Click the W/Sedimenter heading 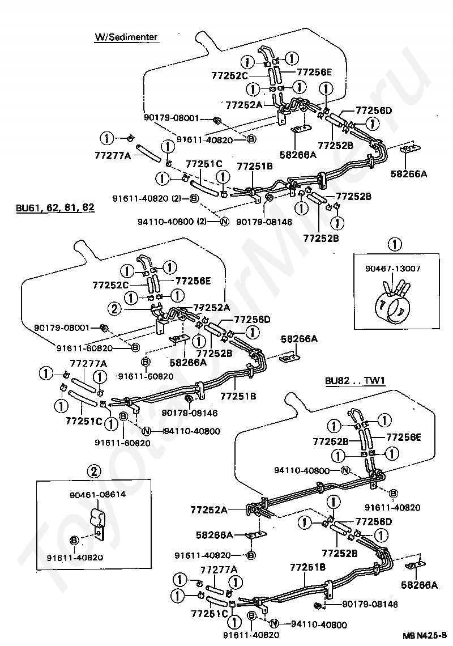(126, 37)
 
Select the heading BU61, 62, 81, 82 (55, 207)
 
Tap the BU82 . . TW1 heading (355, 380)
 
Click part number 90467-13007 (393, 269)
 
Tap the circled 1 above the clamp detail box (395, 245)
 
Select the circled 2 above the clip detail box (94, 471)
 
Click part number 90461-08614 (97, 494)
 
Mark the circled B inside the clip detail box (75, 540)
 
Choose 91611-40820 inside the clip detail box (75, 558)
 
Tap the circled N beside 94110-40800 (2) (224, 222)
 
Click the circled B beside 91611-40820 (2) (194, 198)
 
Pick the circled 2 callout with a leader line (114, 308)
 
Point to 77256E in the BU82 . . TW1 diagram (404, 437)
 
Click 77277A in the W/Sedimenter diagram (113, 155)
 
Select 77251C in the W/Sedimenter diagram (204, 164)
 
